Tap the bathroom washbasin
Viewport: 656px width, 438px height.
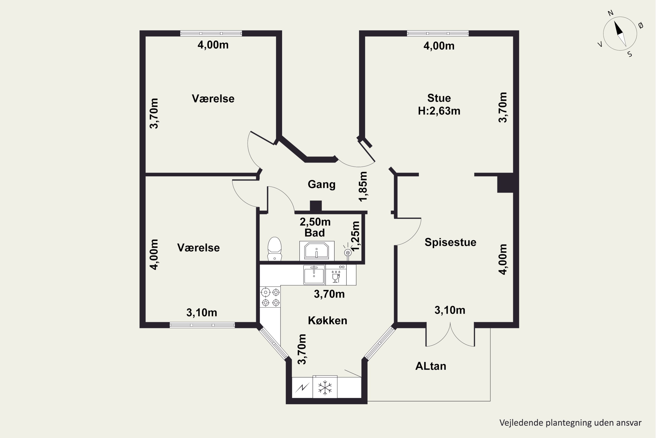coord(317,251)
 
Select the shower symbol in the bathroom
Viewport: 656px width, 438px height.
coord(347,253)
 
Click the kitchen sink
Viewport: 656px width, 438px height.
coord(314,275)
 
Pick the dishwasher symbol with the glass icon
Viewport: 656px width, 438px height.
coord(336,275)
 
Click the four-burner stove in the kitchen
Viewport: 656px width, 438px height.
coord(270,297)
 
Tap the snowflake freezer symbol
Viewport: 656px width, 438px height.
coord(325,388)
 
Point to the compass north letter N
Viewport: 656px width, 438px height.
coord(611,13)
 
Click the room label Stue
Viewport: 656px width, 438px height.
coord(439,98)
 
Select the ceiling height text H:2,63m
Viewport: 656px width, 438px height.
coord(439,111)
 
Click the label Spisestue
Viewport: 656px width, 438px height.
coord(450,242)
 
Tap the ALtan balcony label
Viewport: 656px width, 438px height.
coord(431,366)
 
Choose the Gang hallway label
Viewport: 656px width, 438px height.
coord(322,185)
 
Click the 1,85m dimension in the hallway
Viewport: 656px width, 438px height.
coord(363,186)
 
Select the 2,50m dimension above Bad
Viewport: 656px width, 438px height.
coord(315,222)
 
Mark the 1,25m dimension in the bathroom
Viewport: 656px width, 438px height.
coord(355,236)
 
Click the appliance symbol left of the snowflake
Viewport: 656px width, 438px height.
coord(302,388)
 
